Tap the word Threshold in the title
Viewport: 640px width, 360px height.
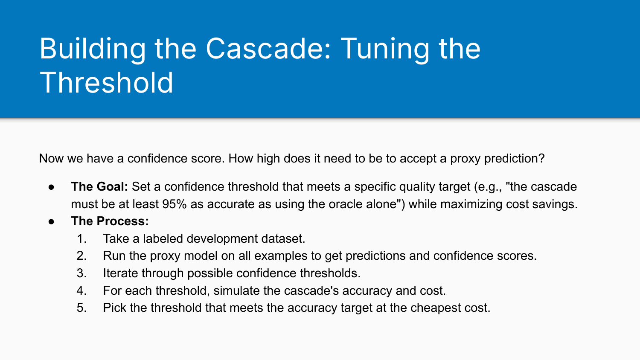(x=107, y=83)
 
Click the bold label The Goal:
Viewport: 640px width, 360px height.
(x=99, y=187)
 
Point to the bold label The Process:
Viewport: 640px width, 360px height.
(x=110, y=221)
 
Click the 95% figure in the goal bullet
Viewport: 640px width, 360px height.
(x=175, y=204)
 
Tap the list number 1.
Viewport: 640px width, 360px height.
(x=81, y=239)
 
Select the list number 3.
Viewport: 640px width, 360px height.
(x=81, y=273)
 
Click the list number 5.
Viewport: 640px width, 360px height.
(x=81, y=308)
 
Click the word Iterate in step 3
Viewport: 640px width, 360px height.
(x=120, y=273)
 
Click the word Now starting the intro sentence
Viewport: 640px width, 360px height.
(x=51, y=159)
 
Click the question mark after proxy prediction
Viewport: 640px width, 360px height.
(x=542, y=159)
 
